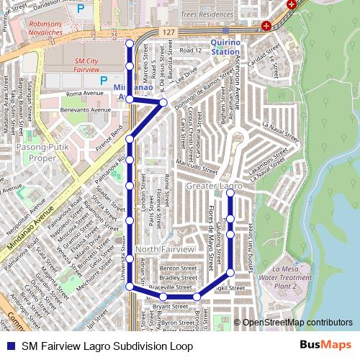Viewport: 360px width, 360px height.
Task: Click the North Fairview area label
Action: pyautogui.click(x=165, y=249)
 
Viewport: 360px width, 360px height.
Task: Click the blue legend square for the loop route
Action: pyautogui.click(x=9, y=346)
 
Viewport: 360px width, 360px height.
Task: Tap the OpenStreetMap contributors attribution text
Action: pyautogui.click(x=297, y=322)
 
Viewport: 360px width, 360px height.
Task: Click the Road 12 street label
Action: pyautogui.click(x=191, y=51)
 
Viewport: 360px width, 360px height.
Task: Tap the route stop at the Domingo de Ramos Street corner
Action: pyautogui.click(x=163, y=103)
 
